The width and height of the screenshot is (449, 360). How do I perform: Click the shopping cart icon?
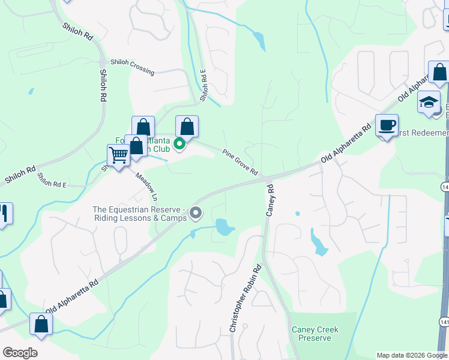click(x=119, y=155)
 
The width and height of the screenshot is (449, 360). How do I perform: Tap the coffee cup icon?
click(x=387, y=126)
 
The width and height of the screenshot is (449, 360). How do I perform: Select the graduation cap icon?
click(x=429, y=103)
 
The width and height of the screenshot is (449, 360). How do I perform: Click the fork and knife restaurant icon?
click(x=4, y=214)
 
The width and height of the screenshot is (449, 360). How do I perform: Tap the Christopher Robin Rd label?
click(x=244, y=298)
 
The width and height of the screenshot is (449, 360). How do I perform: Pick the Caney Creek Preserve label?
click(x=315, y=334)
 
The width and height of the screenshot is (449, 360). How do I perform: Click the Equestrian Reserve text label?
click(x=139, y=214)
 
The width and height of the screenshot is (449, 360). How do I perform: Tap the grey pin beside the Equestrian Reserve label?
click(x=196, y=213)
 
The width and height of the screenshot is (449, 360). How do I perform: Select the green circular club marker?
click(x=179, y=143)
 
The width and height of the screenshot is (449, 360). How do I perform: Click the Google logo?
click(x=20, y=353)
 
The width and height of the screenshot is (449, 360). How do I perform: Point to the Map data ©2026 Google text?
click(x=412, y=355)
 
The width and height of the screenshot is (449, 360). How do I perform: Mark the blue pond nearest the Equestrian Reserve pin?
click(x=224, y=227)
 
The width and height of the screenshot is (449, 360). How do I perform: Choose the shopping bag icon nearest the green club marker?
click(x=187, y=127)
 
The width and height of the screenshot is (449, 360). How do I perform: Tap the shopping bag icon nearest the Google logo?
click(x=41, y=324)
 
